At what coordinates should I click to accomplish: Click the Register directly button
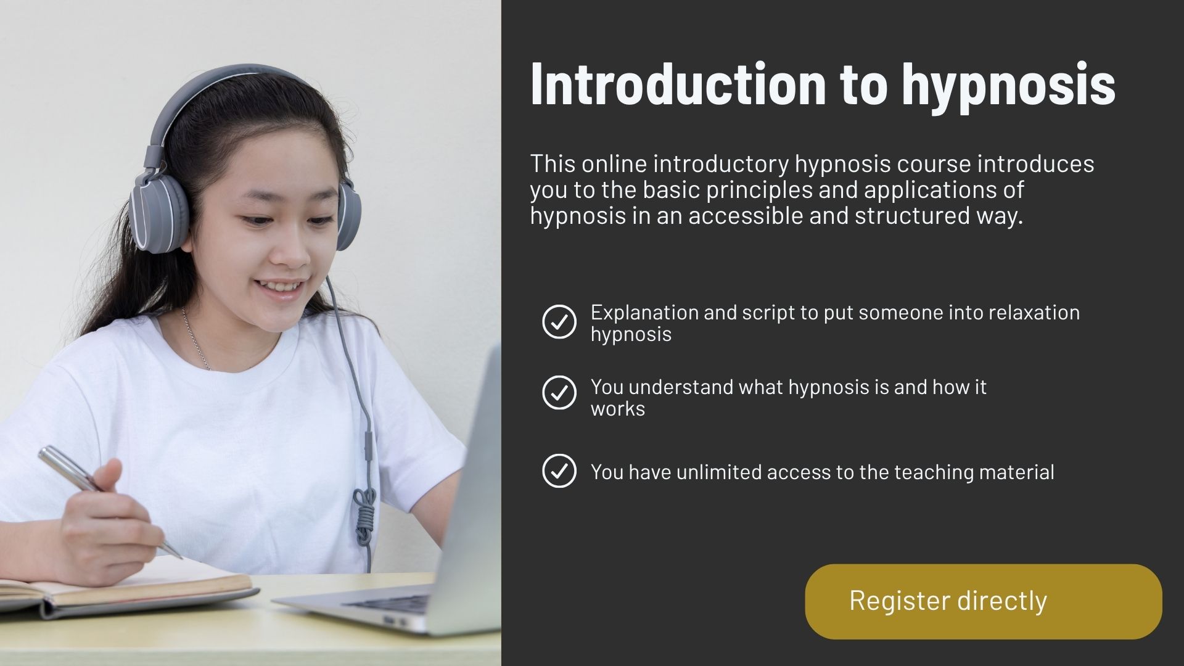point(984,601)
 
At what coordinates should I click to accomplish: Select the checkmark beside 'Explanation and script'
point(559,321)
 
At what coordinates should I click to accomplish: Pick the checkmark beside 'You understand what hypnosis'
point(559,393)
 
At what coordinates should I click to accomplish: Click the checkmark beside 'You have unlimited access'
point(559,471)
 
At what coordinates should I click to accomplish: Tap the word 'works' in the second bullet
point(618,409)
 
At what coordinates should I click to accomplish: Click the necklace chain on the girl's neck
point(196,339)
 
